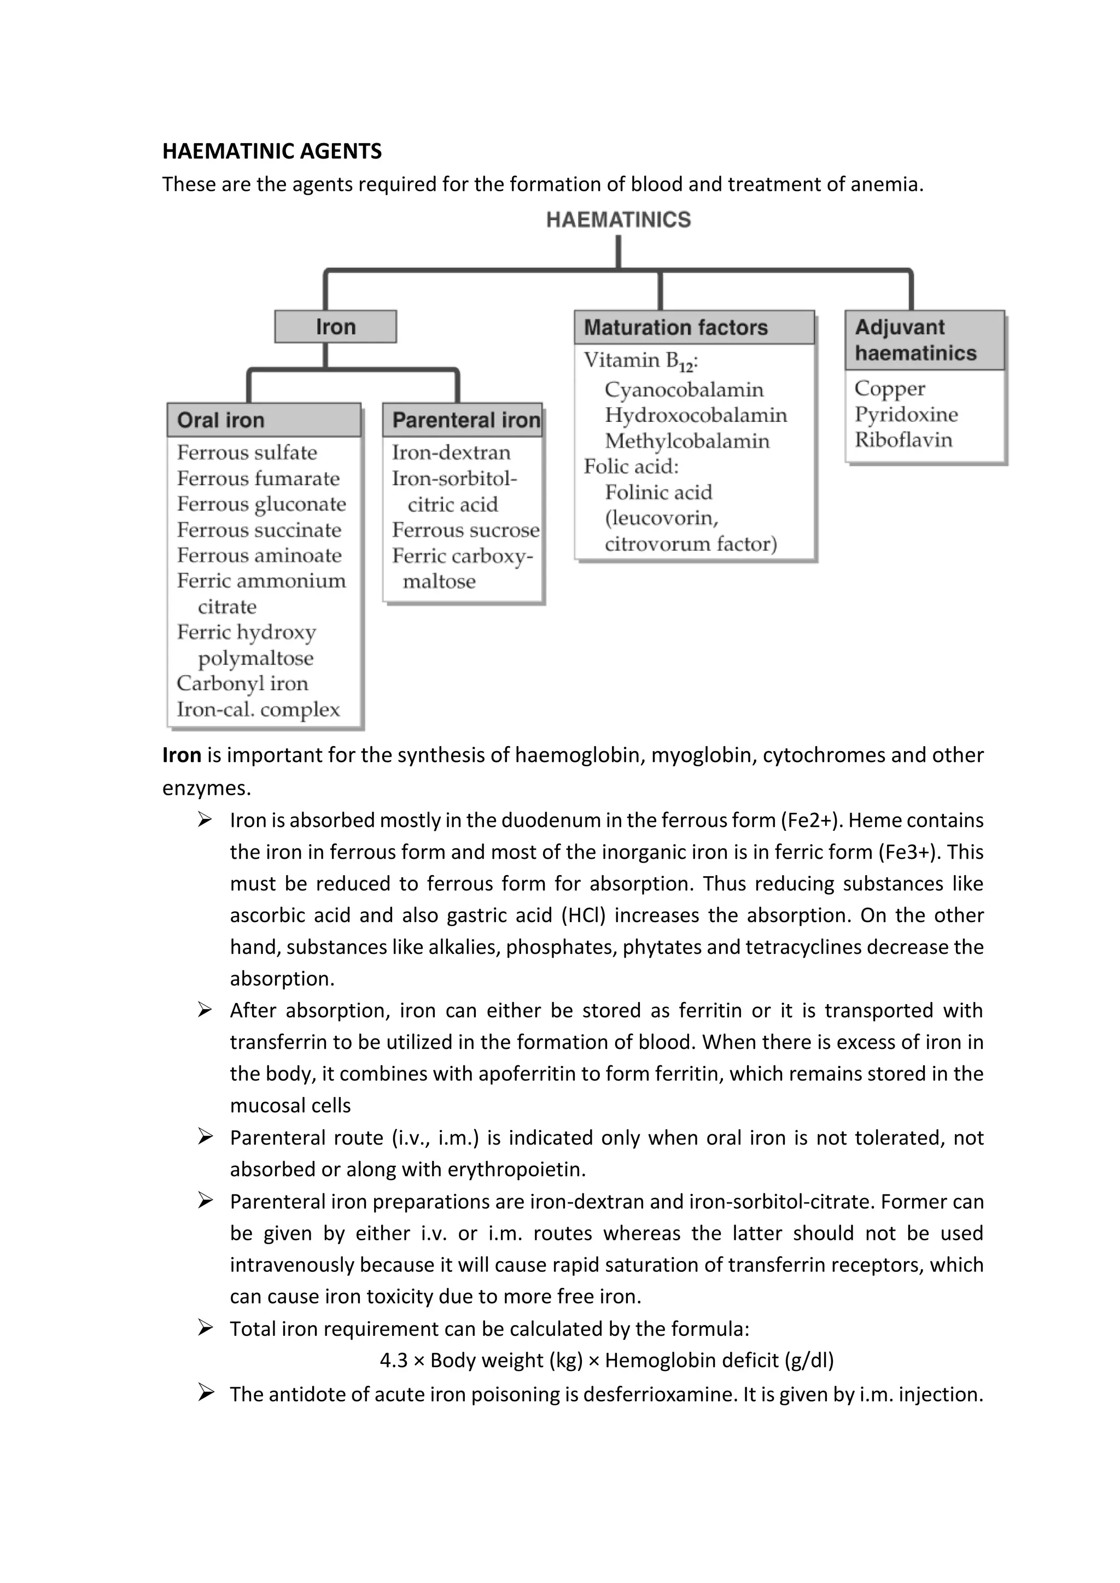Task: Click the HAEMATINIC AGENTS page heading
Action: pyautogui.click(x=272, y=151)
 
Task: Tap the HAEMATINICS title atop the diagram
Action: pyautogui.click(x=618, y=220)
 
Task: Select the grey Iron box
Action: pyautogui.click(x=335, y=327)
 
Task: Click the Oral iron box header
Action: pyautogui.click(x=264, y=420)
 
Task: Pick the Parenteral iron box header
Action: pyautogui.click(x=463, y=420)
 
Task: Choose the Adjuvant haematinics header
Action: pyautogui.click(x=924, y=340)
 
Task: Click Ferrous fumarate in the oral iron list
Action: pyautogui.click(x=258, y=478)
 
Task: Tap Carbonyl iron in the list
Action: pyautogui.click(x=242, y=683)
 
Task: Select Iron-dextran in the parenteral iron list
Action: pyautogui.click(x=451, y=452)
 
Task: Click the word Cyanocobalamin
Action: pyautogui.click(x=684, y=390)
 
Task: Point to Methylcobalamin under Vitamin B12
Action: pyautogui.click(x=687, y=441)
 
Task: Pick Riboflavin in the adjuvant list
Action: pyautogui.click(x=903, y=440)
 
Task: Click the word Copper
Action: pyautogui.click(x=890, y=388)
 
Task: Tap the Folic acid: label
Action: pyautogui.click(x=631, y=467)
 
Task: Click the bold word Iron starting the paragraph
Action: pyautogui.click(x=182, y=755)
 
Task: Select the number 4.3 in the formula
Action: pyautogui.click(x=394, y=1361)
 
